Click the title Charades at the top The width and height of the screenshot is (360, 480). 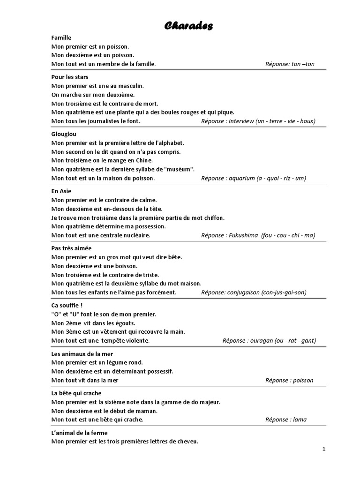[x=188, y=26]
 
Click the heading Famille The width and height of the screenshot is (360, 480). [x=61, y=37]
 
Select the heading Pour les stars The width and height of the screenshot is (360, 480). [x=70, y=77]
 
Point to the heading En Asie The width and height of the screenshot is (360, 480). [x=61, y=191]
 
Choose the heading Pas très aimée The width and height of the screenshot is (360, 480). [x=72, y=248]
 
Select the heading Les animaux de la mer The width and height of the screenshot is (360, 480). [x=82, y=354]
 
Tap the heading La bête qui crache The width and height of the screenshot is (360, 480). [x=76, y=393]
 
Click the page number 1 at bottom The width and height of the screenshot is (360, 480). [x=323, y=449]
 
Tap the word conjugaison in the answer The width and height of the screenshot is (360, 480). [x=245, y=292]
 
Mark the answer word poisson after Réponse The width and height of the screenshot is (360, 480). [x=303, y=380]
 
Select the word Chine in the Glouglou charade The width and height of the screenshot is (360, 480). [x=118, y=160]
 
